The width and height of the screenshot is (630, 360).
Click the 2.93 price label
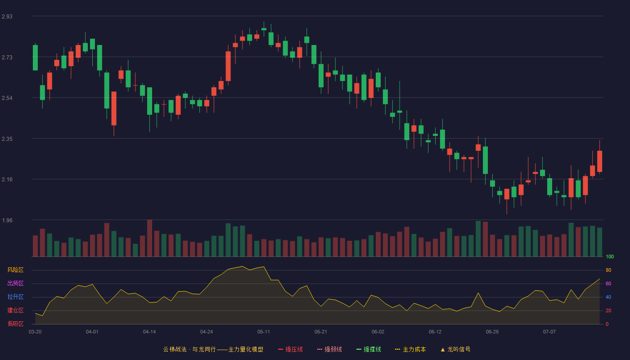[x=7, y=17]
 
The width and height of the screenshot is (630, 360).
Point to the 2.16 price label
[x=7, y=180]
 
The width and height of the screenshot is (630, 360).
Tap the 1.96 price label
[x=7, y=220]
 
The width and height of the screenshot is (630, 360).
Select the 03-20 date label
[x=35, y=332]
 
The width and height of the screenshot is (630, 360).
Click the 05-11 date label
[x=264, y=332]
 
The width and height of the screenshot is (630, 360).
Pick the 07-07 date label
[x=549, y=332]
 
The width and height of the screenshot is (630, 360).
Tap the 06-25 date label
[x=492, y=332]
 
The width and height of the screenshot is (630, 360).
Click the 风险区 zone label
[x=15, y=270]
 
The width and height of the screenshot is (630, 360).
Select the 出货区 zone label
[x=15, y=283]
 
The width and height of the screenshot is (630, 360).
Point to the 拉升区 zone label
[x=15, y=297]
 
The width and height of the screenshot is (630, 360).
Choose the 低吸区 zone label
[x=15, y=324]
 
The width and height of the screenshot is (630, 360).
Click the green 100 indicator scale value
[x=610, y=256]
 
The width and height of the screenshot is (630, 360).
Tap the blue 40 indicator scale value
[x=608, y=297]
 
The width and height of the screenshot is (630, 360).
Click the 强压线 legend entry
[x=291, y=349]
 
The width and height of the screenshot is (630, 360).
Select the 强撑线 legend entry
[x=369, y=349]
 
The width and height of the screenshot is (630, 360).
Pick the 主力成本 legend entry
[x=410, y=349]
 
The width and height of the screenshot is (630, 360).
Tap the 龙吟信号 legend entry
[x=455, y=349]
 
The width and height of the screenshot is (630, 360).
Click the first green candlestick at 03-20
[x=35, y=58]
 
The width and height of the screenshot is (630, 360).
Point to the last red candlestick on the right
[x=599, y=161]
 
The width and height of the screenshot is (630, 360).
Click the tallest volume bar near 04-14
[x=149, y=238]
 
